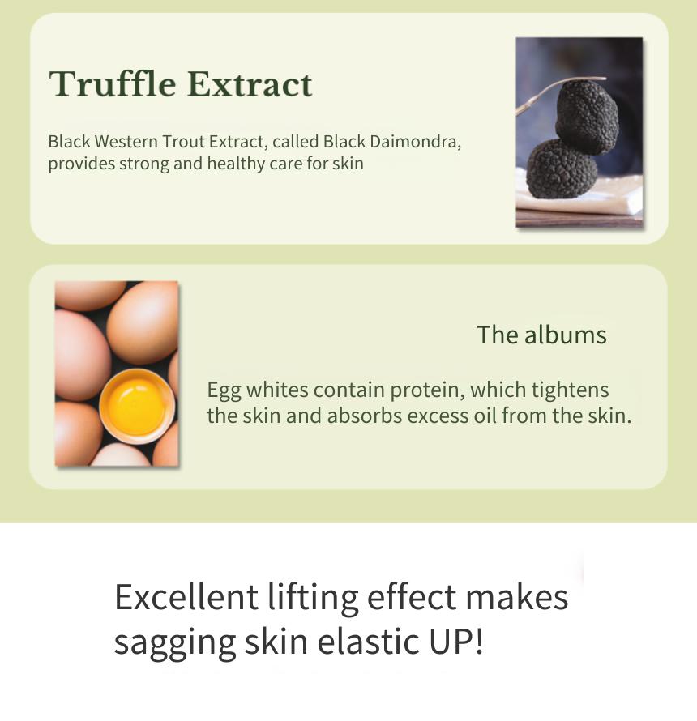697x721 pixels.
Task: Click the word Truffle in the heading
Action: pyautogui.click(x=113, y=83)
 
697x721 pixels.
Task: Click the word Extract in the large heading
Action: pyautogui.click(x=250, y=84)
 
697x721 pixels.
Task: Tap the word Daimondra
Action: pyautogui.click(x=415, y=142)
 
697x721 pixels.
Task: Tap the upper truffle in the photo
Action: pyautogui.click(x=587, y=117)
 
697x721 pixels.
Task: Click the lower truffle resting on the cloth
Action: pyautogui.click(x=562, y=169)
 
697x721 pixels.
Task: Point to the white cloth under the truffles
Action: pyautogui.click(x=579, y=195)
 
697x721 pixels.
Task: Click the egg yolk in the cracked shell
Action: pyautogui.click(x=136, y=404)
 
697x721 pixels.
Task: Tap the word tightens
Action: pyautogui.click(x=570, y=390)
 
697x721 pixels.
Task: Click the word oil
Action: pyautogui.click(x=485, y=416)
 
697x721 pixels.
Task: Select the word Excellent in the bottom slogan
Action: pyautogui.click(x=186, y=597)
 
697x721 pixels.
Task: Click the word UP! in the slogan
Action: pyautogui.click(x=456, y=641)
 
